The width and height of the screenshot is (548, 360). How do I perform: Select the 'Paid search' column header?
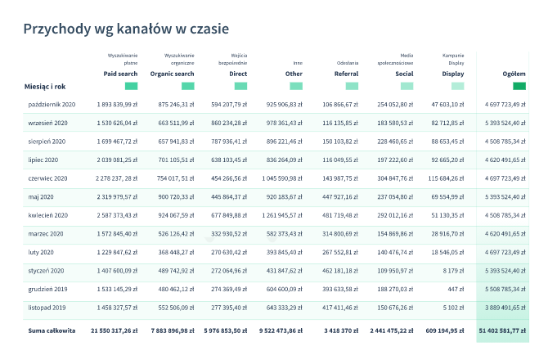(x=120, y=73)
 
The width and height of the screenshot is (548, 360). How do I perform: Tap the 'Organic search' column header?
(x=172, y=73)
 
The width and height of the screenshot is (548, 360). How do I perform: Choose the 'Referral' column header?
(x=346, y=73)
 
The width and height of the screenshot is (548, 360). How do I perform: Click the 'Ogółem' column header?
(x=514, y=73)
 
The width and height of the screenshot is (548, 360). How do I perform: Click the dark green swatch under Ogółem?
(x=519, y=86)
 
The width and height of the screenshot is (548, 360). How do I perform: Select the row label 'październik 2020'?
(x=52, y=105)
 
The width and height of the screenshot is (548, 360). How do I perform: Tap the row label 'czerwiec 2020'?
(x=48, y=178)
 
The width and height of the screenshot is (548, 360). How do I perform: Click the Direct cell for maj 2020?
(x=228, y=196)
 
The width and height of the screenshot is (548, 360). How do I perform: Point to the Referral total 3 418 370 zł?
(x=335, y=331)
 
